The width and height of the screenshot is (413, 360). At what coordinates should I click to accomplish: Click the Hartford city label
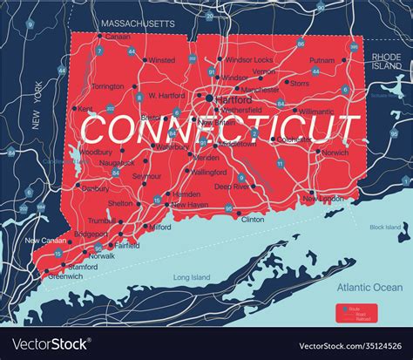[x=234, y=100]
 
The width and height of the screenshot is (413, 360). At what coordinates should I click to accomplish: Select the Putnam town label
[x=322, y=60]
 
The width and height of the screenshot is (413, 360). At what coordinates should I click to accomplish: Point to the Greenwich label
[x=66, y=276]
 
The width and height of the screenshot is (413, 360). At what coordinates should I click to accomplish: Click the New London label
[x=322, y=199]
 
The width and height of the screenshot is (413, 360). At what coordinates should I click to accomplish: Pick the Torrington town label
[x=108, y=86]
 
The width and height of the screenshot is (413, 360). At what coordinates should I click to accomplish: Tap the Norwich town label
[x=335, y=153]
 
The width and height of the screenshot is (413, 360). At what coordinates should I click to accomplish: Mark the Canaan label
[x=118, y=37]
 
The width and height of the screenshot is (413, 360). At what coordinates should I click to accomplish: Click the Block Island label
[x=387, y=227]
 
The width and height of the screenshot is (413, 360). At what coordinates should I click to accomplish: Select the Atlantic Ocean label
[x=369, y=287]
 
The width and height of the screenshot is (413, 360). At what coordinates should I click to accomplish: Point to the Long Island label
[x=192, y=277]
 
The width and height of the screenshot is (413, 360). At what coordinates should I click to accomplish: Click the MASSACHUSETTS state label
[x=137, y=22]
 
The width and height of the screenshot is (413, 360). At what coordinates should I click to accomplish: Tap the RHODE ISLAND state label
[x=387, y=60]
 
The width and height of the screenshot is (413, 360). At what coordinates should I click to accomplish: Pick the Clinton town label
[x=252, y=219]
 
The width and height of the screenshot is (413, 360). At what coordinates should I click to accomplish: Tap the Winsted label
[x=161, y=60]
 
